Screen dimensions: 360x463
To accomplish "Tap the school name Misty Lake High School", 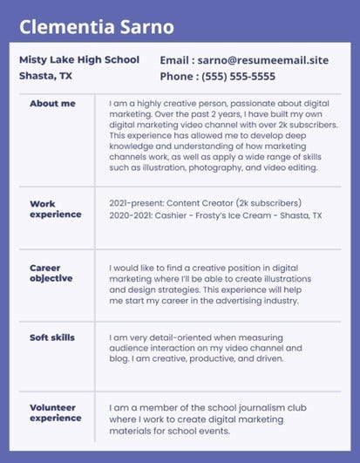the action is pyautogui.click(x=78, y=60).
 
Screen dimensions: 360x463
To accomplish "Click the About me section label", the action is pyautogui.click(x=52, y=104).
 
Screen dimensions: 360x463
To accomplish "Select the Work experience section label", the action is pyautogui.click(x=56, y=209).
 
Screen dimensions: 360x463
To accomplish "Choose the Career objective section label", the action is pyautogui.click(x=51, y=273).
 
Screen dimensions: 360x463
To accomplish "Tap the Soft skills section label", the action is pyautogui.click(x=52, y=337).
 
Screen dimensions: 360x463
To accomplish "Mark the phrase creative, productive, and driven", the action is pyautogui.click(x=221, y=358).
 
